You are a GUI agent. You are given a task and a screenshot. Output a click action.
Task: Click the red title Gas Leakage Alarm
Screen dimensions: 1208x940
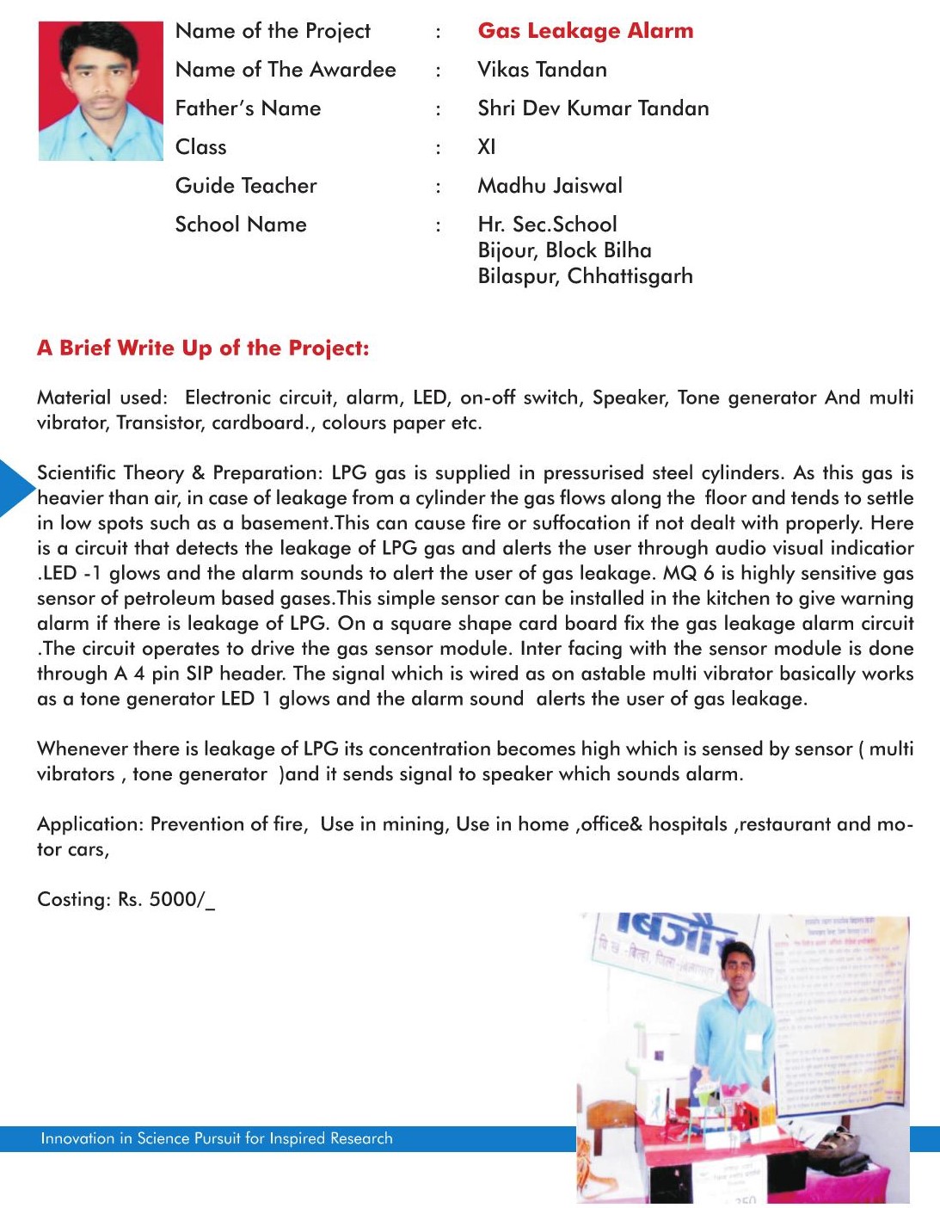(x=585, y=31)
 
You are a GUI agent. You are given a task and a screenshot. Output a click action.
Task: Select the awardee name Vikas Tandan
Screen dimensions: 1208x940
(x=542, y=70)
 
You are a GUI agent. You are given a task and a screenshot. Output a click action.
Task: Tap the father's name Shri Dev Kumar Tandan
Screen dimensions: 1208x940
(x=593, y=108)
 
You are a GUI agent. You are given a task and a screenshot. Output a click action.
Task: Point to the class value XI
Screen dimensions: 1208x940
(x=487, y=147)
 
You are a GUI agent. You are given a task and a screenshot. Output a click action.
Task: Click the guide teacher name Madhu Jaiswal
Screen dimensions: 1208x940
(x=550, y=186)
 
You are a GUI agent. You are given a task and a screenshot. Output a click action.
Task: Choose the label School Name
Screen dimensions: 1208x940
(x=241, y=225)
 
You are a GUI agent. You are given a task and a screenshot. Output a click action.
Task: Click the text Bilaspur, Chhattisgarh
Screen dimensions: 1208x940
(x=585, y=276)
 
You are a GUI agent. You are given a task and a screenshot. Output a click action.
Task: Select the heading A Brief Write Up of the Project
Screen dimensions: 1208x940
(x=203, y=348)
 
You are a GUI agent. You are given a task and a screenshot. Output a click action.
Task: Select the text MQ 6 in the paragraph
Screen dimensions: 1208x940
(x=679, y=573)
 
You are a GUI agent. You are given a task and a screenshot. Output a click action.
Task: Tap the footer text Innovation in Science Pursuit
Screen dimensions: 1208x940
(x=216, y=1138)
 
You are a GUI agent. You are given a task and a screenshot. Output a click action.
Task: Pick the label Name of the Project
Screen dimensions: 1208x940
(x=273, y=31)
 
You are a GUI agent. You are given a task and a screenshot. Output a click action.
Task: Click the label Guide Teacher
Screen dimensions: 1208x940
(x=246, y=186)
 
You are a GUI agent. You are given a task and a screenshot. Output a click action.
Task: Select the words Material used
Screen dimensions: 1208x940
(x=101, y=398)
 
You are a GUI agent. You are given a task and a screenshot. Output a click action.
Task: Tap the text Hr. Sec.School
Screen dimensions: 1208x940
(x=547, y=225)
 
